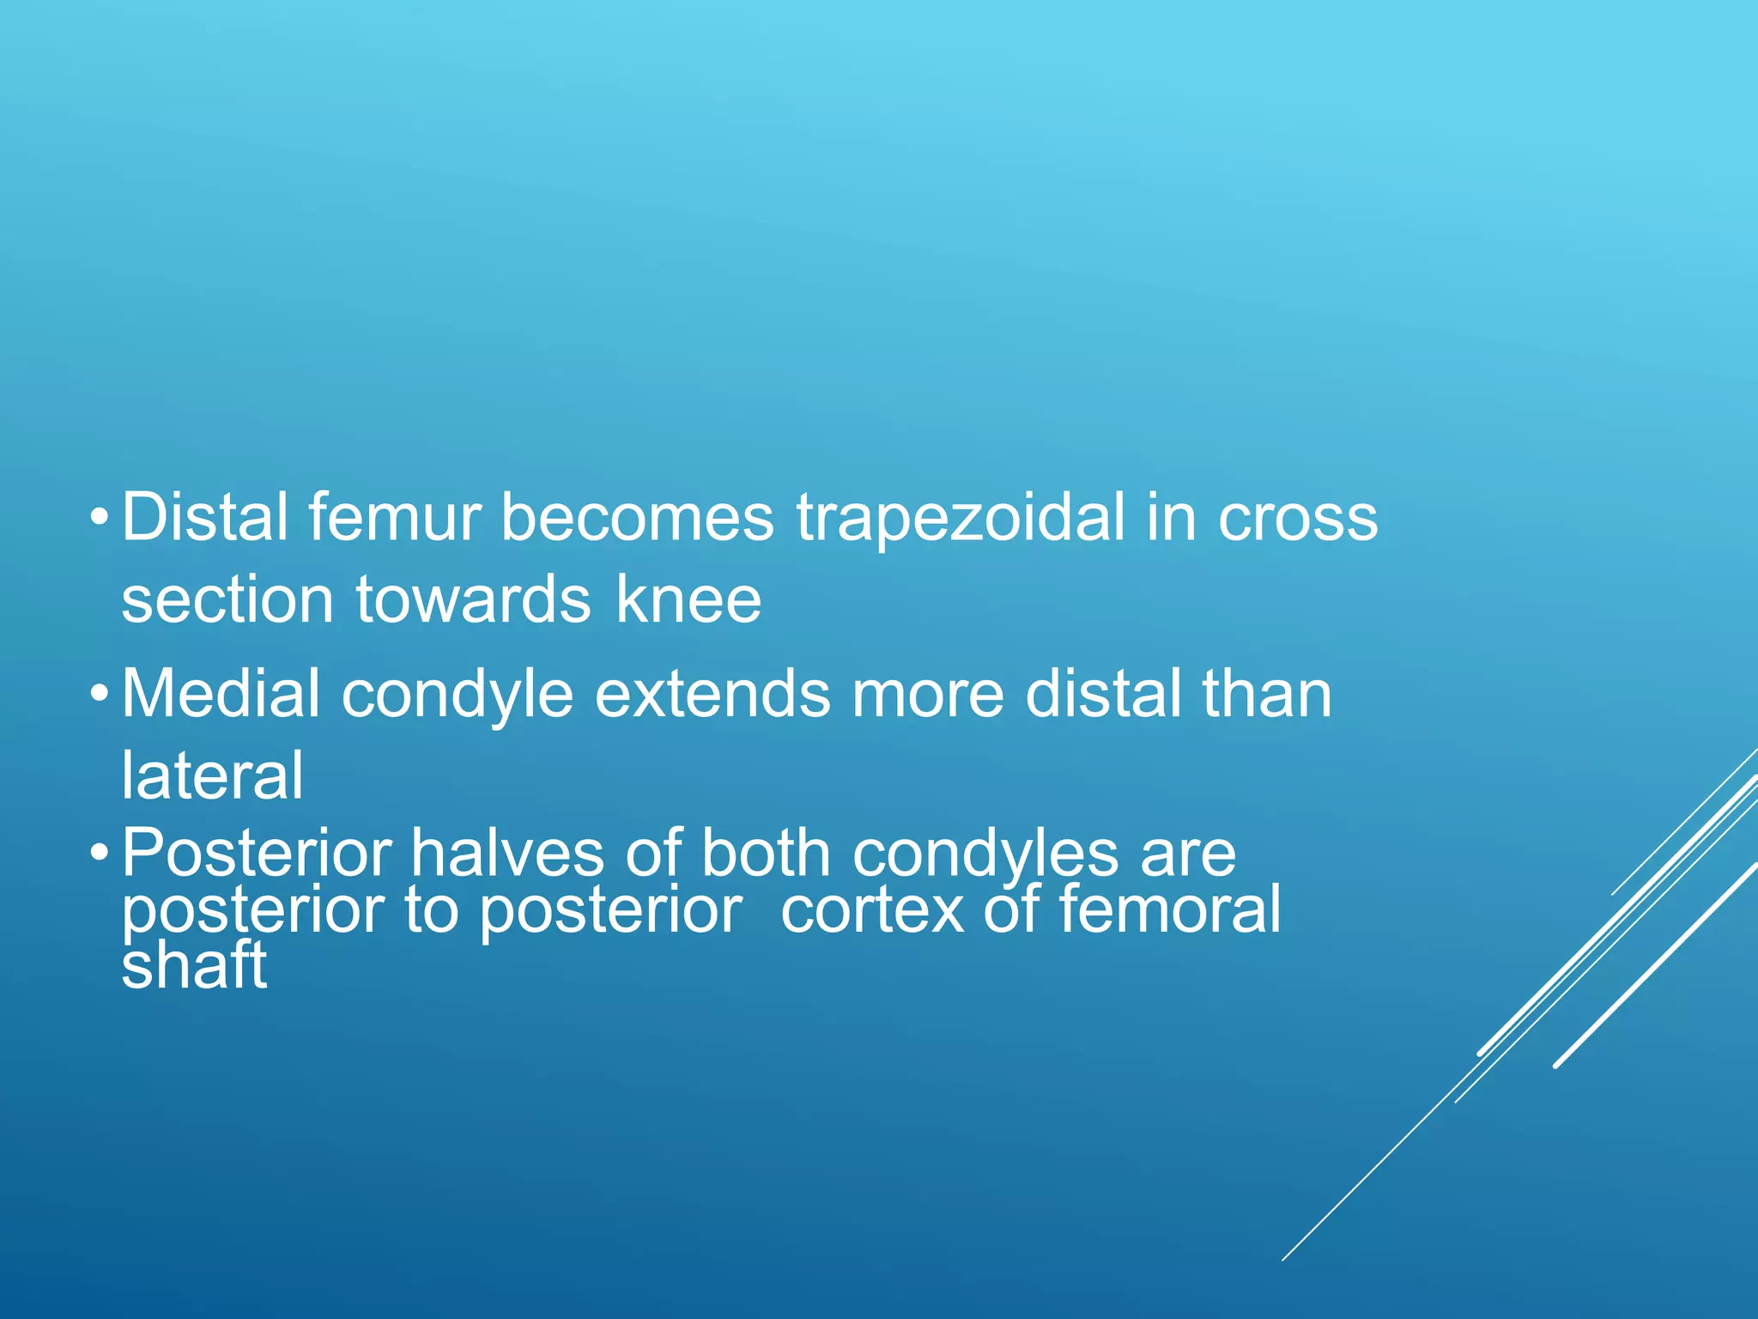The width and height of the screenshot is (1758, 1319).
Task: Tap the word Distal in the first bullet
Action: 204,518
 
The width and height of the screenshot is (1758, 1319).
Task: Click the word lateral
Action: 212,775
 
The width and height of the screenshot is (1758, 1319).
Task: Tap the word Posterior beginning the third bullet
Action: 256,854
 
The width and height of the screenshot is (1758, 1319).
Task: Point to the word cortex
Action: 871,910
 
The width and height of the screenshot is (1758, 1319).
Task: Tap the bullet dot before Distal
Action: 100,519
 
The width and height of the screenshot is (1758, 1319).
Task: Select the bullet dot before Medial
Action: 100,694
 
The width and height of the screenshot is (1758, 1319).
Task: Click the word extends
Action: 712,694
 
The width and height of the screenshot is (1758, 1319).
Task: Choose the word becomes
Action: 637,518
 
